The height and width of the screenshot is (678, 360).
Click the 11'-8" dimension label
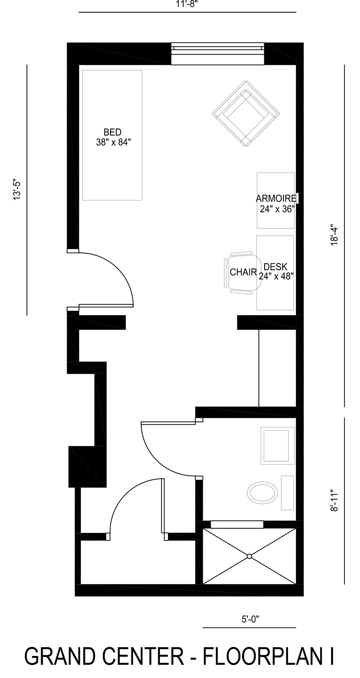point(188,4)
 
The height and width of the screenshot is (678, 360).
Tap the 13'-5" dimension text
point(17,190)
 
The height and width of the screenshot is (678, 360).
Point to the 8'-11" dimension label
point(335,500)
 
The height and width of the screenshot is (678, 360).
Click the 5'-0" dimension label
point(251,619)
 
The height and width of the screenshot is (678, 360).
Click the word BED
point(112,132)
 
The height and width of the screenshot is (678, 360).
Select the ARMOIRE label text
point(276,199)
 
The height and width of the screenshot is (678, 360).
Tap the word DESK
point(275,267)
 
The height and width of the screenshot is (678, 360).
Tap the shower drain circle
point(249,556)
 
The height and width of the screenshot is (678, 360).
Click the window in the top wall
point(217,54)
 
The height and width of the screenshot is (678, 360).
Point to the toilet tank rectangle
point(287,493)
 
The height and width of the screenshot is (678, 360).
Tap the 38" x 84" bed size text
point(112,142)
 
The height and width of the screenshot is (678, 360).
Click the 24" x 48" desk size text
point(276,276)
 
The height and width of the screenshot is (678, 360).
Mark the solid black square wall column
point(87,467)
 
